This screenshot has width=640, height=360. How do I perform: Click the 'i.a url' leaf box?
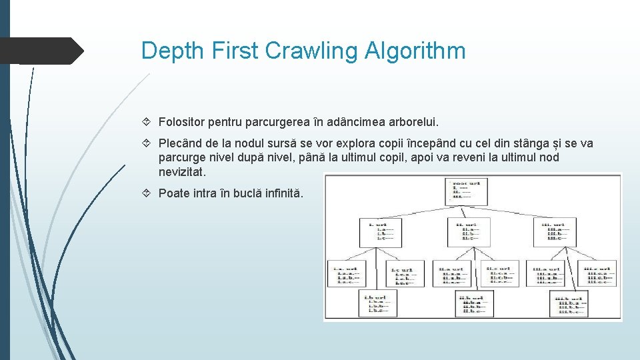347,273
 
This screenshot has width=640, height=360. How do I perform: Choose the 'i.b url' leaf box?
377,304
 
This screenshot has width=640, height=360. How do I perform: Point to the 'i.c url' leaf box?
405,273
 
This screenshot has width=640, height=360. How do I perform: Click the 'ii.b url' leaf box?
473,304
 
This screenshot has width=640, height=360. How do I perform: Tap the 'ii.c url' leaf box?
499,273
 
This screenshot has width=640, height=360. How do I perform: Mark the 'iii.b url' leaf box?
569,304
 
